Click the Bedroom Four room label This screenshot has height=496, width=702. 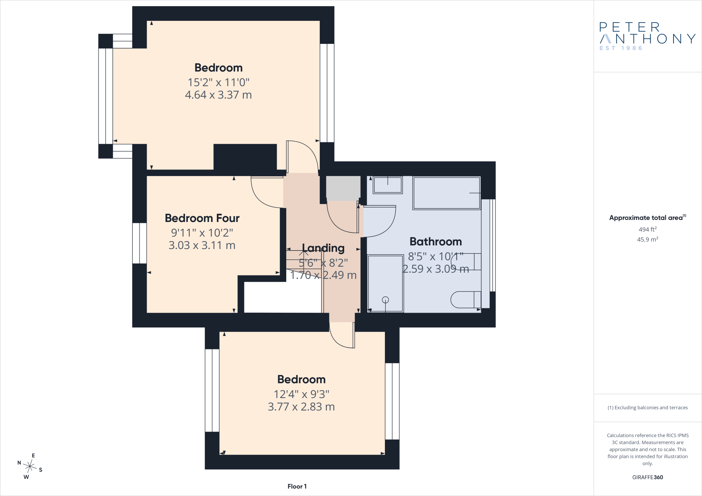point(202,218)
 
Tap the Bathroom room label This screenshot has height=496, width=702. point(436,242)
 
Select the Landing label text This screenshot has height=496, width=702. point(323,248)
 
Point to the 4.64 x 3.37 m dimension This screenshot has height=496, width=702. point(218,95)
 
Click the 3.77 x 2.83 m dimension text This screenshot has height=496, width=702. point(301,407)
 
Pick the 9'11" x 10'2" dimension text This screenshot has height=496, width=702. point(202,233)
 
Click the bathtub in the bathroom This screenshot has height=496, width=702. point(447,193)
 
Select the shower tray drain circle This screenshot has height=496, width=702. point(386,300)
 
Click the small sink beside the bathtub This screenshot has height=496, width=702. point(388,185)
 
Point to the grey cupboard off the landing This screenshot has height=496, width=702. point(343,189)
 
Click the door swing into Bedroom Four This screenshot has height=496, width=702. point(267,192)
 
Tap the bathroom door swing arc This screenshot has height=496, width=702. point(380,221)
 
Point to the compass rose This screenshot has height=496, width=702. point(30,466)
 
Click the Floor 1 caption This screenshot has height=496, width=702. point(297,486)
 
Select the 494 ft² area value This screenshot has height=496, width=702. point(647,229)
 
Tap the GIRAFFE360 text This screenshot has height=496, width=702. point(647,477)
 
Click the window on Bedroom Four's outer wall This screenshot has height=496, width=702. point(140,243)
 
